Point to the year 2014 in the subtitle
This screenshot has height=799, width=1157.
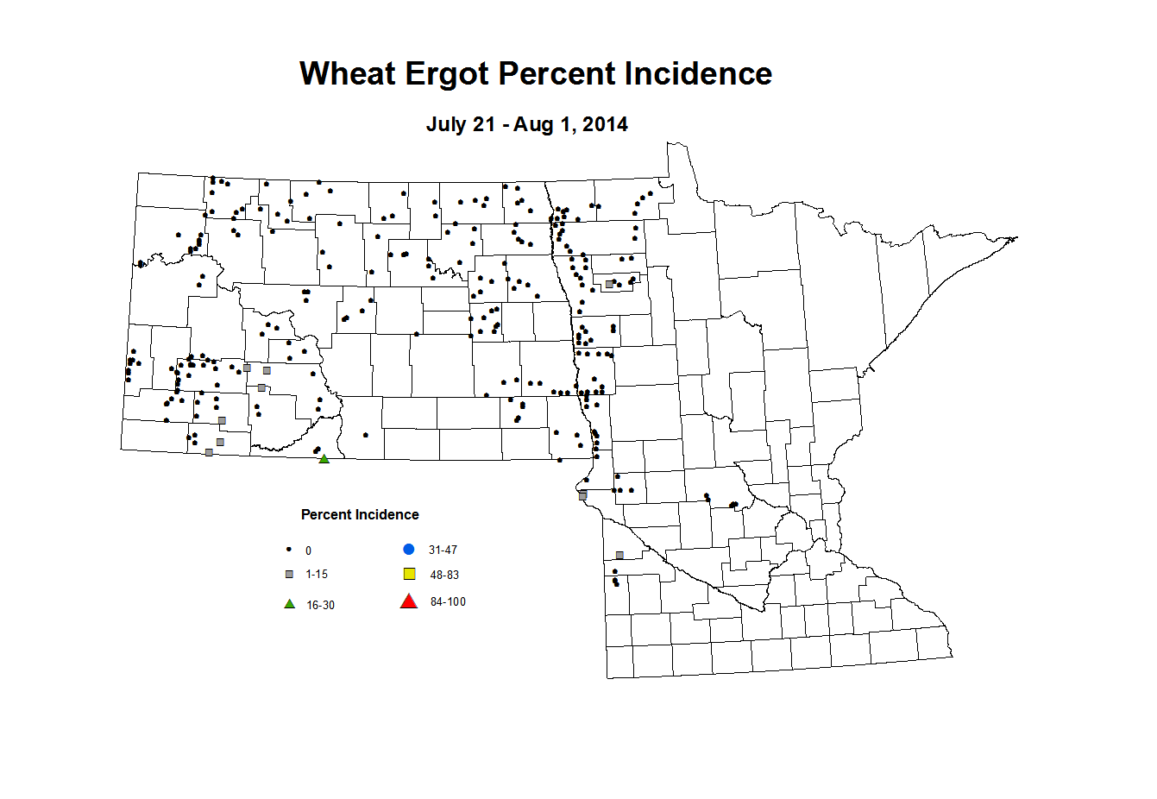pyautogui.click(x=605, y=124)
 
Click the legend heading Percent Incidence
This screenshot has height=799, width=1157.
pyautogui.click(x=360, y=515)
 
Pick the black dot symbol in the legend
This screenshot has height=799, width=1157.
pyautogui.click(x=289, y=550)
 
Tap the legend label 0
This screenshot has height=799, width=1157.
pyautogui.click(x=308, y=550)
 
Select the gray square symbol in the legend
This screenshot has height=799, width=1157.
pyautogui.click(x=289, y=575)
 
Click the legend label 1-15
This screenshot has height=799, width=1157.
pyautogui.click(x=317, y=575)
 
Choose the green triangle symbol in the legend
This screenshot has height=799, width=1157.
pyautogui.click(x=289, y=604)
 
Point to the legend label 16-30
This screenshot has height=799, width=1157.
pyautogui.click(x=320, y=606)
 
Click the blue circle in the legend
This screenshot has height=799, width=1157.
pyautogui.click(x=409, y=550)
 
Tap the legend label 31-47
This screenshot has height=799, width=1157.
pyautogui.click(x=443, y=550)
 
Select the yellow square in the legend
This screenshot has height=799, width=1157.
pyautogui.click(x=410, y=575)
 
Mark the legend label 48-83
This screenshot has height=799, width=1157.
pyautogui.click(x=444, y=576)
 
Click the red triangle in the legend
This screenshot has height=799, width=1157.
pyautogui.click(x=409, y=601)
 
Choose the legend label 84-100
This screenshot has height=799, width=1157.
pyautogui.click(x=448, y=602)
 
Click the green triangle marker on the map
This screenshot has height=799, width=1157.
pyautogui.click(x=324, y=459)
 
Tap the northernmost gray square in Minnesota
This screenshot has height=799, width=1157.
pyautogui.click(x=609, y=284)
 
